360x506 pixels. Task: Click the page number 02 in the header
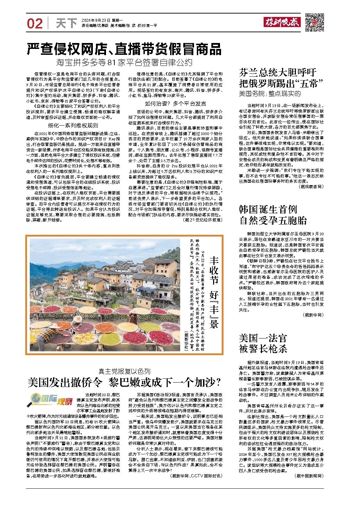point(35,24)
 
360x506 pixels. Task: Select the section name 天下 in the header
point(65,24)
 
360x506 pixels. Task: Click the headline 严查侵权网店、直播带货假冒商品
point(124,50)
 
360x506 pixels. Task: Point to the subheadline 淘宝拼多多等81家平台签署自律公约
point(124,63)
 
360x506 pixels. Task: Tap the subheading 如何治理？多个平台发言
point(175,103)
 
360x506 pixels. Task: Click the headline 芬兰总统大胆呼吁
point(277,72)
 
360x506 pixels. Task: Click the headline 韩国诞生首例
point(267,209)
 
